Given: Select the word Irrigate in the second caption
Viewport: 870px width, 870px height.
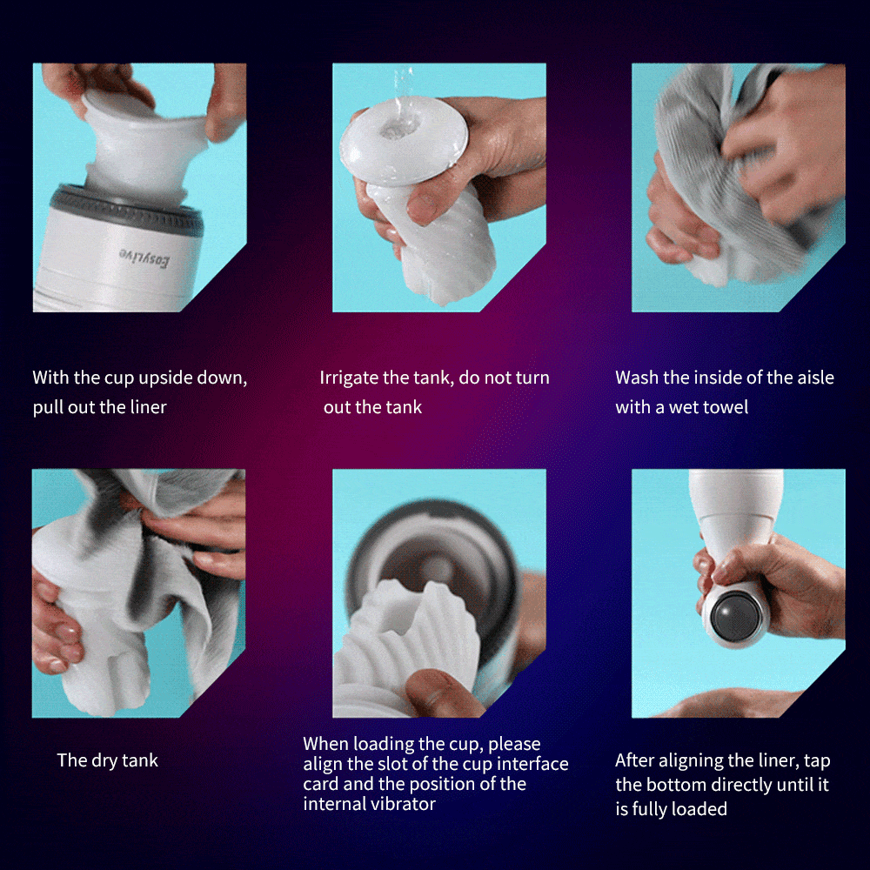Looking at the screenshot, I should pyautogui.click(x=349, y=378).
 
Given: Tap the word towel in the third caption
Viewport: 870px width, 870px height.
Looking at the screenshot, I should pyautogui.click(x=726, y=407).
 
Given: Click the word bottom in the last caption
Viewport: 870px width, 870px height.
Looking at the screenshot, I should pyautogui.click(x=675, y=785).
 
